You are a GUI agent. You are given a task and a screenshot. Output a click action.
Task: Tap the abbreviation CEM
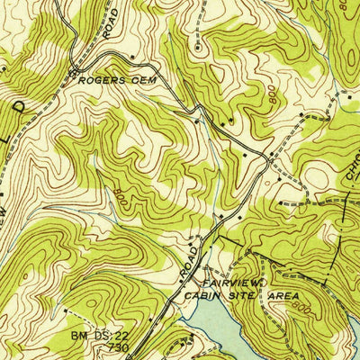point(138,80)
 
